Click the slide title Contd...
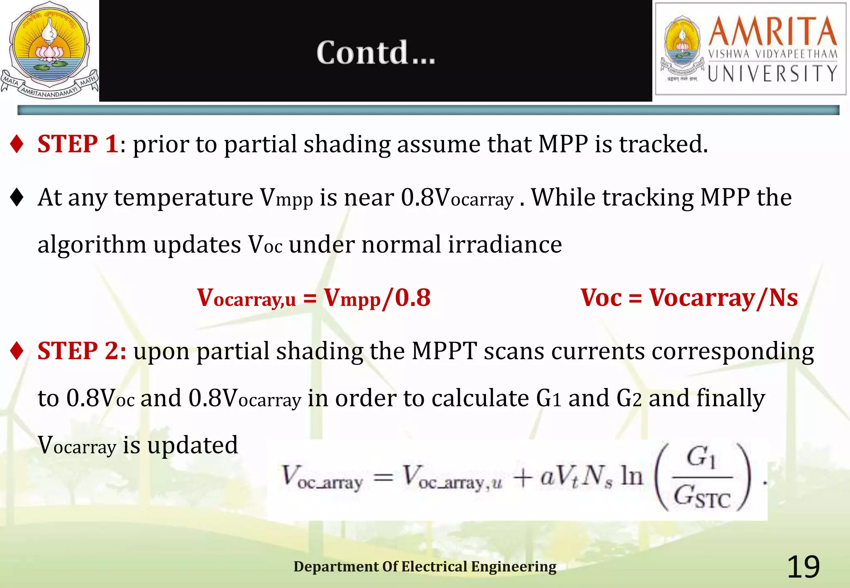[376, 53]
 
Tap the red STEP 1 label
[78, 144]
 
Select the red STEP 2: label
[82, 351]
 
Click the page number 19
[803, 567]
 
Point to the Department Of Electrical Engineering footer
[425, 566]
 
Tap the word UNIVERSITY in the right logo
[772, 74]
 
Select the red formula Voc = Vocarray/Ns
[689, 298]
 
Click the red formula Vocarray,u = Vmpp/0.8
[314, 298]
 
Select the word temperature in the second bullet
[183, 197]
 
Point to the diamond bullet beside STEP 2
[17, 351]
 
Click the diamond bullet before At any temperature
[17, 197]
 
